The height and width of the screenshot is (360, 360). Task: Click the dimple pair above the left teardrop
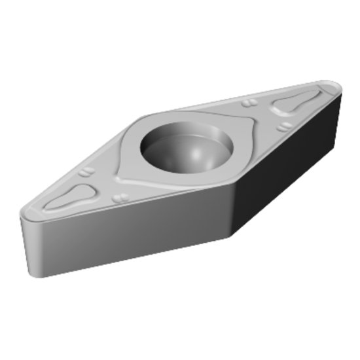pyautogui.click(x=87, y=172)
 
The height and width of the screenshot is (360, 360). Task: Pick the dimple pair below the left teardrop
pyautogui.click(x=119, y=197)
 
